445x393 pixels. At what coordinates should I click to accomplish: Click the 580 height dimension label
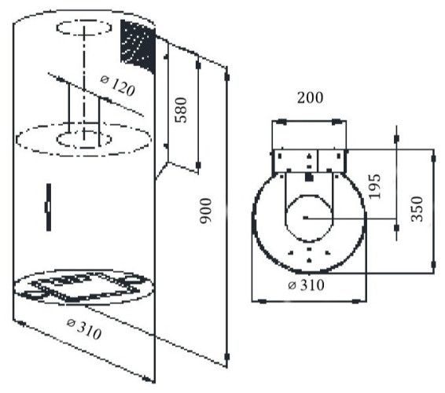(x=181, y=110)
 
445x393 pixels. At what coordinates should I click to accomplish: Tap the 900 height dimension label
(x=206, y=211)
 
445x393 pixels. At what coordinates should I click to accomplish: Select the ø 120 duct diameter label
(x=118, y=86)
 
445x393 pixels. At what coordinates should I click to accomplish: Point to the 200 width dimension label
(x=310, y=97)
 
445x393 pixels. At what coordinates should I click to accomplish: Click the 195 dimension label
(x=374, y=186)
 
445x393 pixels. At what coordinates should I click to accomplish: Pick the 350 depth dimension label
(x=417, y=209)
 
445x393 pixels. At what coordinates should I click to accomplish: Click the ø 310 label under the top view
(x=306, y=285)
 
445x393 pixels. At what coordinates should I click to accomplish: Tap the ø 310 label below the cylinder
(x=84, y=329)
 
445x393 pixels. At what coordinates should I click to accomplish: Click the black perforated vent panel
(x=138, y=46)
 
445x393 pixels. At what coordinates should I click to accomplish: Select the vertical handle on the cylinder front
(x=49, y=208)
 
